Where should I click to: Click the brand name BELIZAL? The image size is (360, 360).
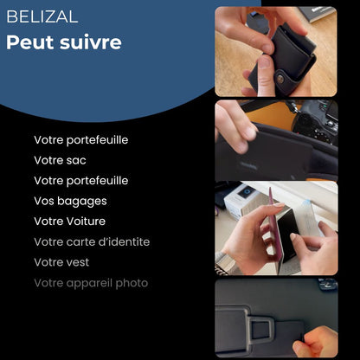point(42,17)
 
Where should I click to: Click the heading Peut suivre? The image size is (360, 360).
point(64,43)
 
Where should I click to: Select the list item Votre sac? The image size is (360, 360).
point(60,160)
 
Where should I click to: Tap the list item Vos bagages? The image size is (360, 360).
point(70,201)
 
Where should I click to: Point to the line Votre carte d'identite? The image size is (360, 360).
point(92,241)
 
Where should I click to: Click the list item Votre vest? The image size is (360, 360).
point(61,262)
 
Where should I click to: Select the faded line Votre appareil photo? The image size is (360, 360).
point(91,283)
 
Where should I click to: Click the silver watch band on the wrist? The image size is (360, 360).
point(235,259)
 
